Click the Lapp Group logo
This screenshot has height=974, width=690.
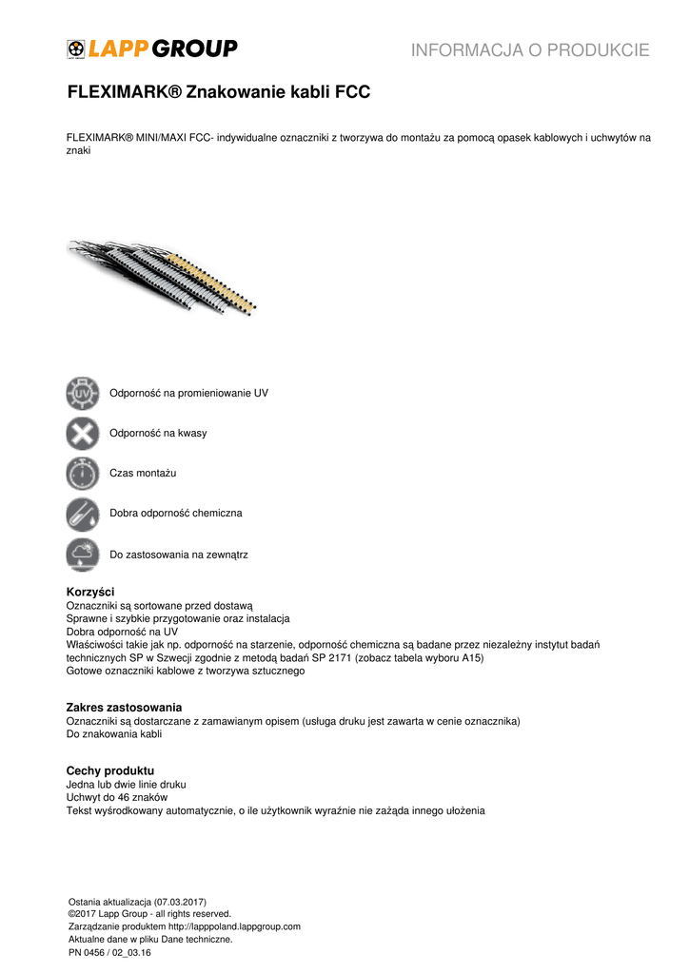coord(152,49)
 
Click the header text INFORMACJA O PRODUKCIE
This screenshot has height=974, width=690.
coord(530,50)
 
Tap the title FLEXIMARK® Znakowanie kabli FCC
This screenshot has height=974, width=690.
coord(218,93)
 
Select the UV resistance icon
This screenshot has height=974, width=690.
coord(83,393)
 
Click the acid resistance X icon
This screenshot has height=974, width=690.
coord(83,433)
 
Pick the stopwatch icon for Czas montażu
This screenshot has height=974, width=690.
coord(83,473)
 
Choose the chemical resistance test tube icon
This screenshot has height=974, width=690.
coord(83,514)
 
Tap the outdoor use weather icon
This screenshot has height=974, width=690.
coord(83,554)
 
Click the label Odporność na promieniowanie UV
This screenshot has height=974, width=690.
coord(188,393)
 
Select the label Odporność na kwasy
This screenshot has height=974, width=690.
coord(158,433)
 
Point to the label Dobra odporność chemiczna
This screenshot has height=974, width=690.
coord(176,513)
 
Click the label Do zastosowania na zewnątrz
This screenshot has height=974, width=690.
coord(179,554)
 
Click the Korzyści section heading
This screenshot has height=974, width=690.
coord(89,592)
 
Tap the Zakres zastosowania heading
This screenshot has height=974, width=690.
coord(124,708)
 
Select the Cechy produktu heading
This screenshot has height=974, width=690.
coord(109,769)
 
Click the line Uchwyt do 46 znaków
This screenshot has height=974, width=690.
coord(116,797)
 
